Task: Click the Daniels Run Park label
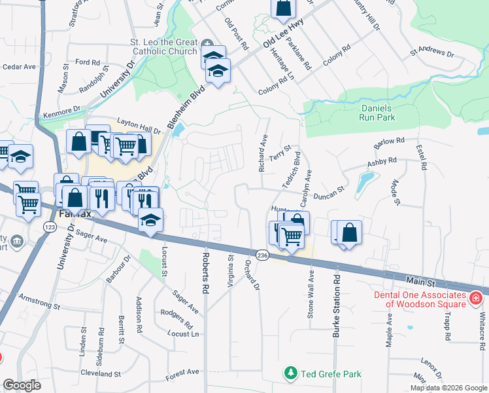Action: point(377,113)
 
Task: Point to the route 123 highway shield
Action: point(50,226)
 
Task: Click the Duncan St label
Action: point(329,191)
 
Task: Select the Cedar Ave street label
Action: point(18,67)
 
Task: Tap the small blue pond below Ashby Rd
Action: point(365,184)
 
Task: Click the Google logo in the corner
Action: point(22,385)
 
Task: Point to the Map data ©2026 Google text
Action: point(448,388)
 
